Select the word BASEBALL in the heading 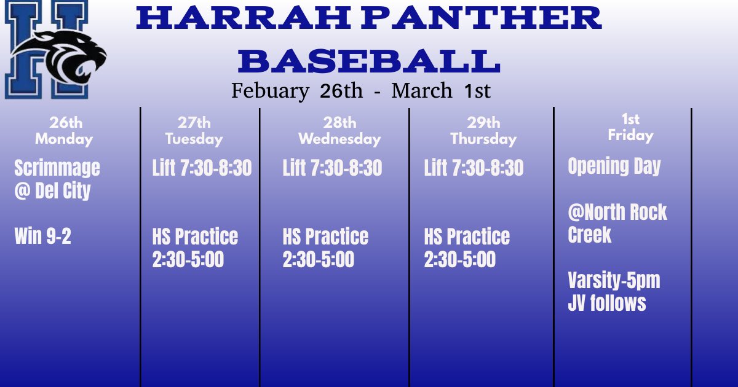pos(369,61)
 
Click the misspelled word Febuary pos(270,92)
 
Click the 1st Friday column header pos(630,127)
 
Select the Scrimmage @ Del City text pos(57,179)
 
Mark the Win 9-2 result pos(42,237)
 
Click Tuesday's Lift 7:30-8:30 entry pos(202,168)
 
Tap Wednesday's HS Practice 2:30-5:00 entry pos(325,248)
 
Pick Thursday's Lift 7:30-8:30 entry pos(474,168)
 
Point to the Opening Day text pos(614,166)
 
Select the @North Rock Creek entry pos(617,224)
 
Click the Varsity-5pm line pos(613,281)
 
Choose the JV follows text pos(606,303)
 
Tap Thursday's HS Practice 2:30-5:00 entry pos(467,248)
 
